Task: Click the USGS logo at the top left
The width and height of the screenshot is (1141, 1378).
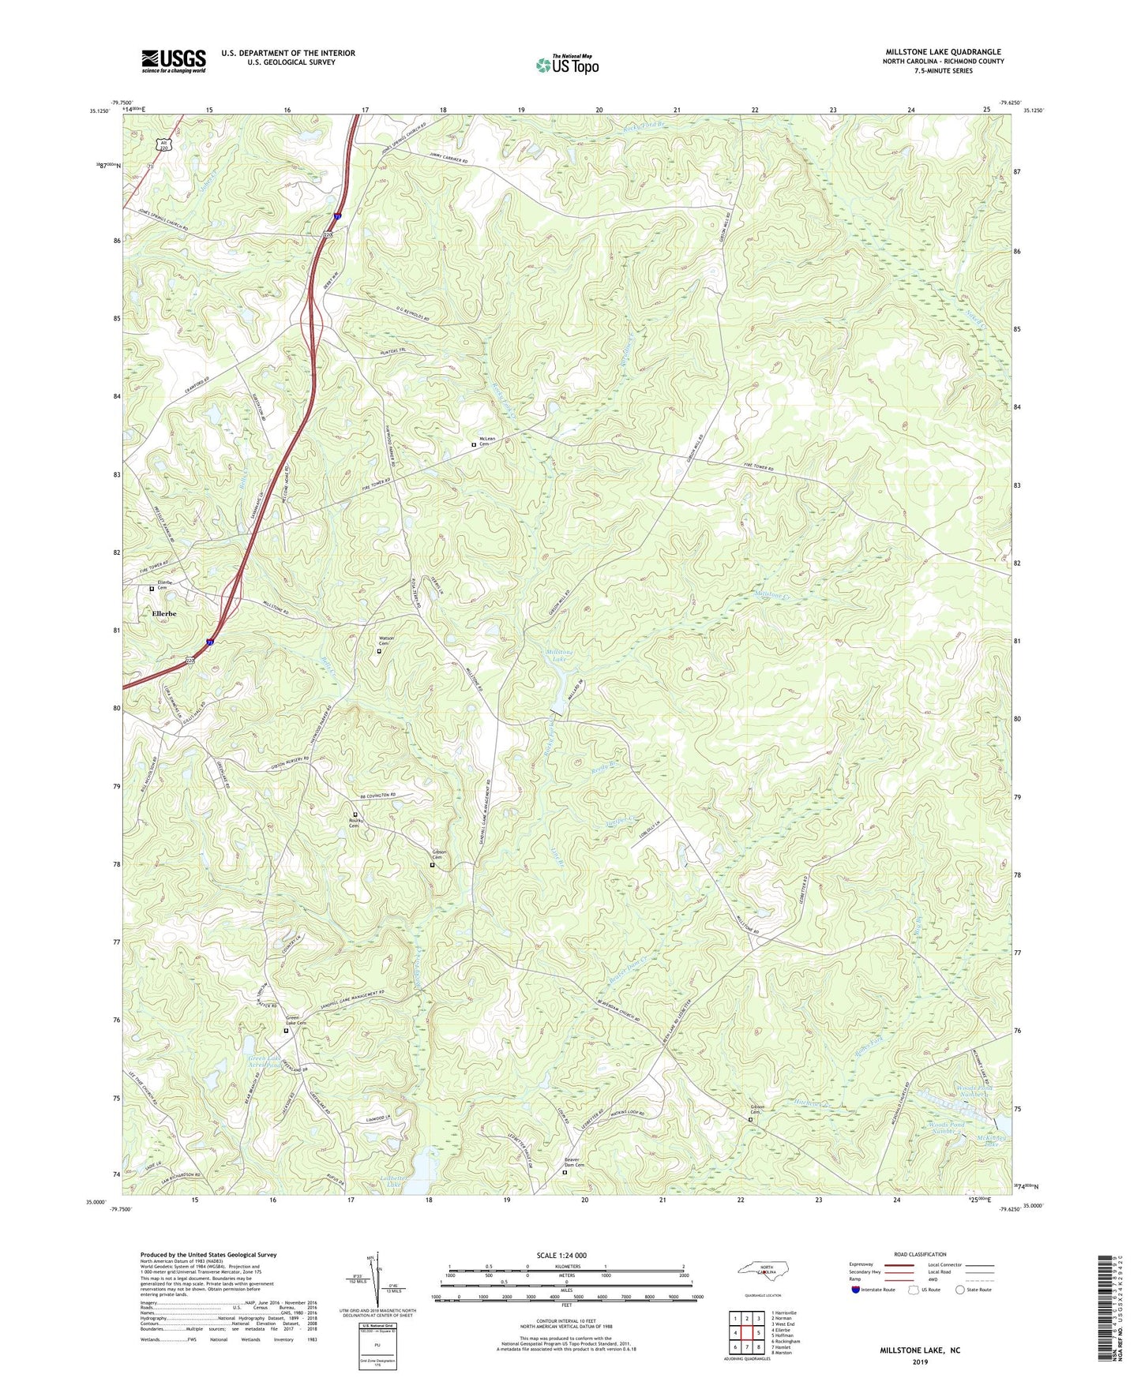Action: [x=174, y=61]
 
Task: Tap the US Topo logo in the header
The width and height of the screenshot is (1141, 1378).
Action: [x=567, y=66]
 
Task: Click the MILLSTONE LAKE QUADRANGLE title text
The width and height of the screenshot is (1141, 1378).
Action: [x=943, y=52]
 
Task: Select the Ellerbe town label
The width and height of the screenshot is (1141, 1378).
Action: [x=164, y=613]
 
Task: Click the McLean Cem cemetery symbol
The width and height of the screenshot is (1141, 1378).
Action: [x=474, y=445]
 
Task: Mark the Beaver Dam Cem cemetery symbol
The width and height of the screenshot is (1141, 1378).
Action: [x=565, y=1173]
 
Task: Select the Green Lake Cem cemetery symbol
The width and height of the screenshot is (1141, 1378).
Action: [x=286, y=1031]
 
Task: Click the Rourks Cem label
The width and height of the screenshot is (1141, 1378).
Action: [x=354, y=823]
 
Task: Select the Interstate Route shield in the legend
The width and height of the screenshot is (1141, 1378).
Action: [x=857, y=1290]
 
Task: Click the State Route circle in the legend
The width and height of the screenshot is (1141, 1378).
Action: [x=960, y=1290]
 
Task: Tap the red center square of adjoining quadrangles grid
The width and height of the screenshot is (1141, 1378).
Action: [x=758, y=1333]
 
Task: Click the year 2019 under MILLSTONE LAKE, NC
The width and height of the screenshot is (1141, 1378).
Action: [x=920, y=1361]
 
